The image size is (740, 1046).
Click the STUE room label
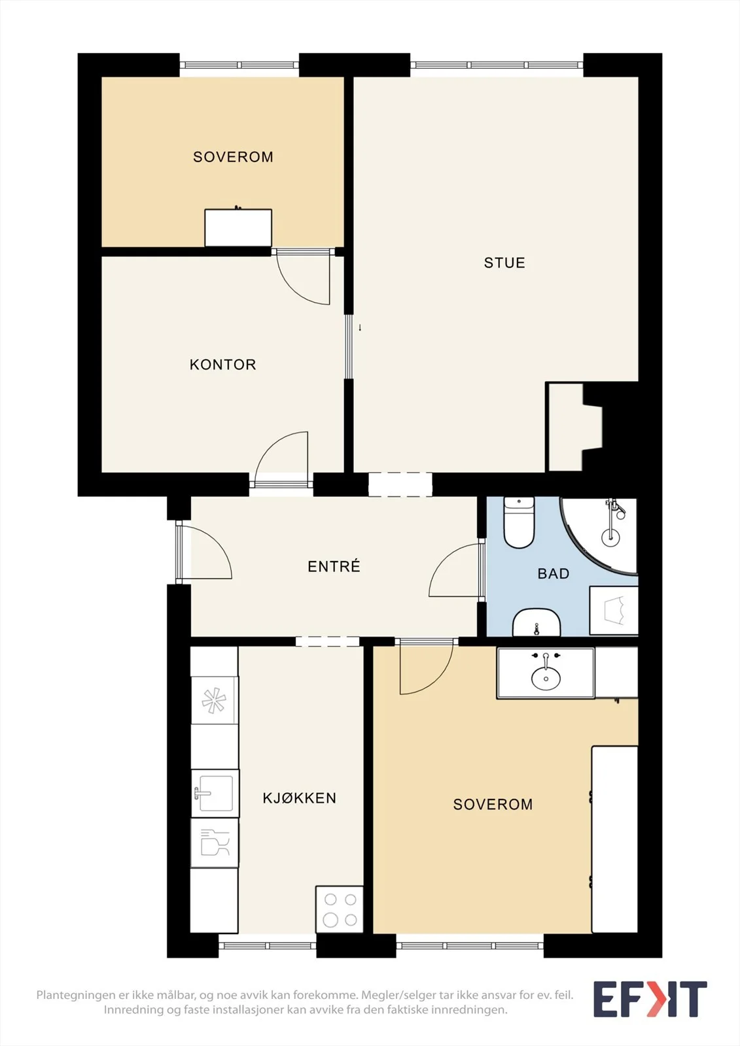tap(504, 263)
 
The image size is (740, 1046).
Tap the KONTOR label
tap(223, 365)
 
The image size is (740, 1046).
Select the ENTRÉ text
tap(334, 566)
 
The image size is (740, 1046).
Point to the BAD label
tap(554, 573)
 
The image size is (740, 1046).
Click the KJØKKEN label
tap(300, 798)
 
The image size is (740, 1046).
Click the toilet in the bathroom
tap(519, 522)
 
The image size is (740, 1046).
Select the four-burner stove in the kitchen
tap(340, 909)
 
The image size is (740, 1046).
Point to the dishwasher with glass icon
tap(215, 843)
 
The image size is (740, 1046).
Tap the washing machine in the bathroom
tap(614, 611)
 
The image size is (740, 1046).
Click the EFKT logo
tap(650, 999)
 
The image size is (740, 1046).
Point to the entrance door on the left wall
tap(204, 552)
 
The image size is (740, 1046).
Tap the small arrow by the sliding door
tap(360, 328)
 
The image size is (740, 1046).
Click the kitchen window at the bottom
tap(268, 945)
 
